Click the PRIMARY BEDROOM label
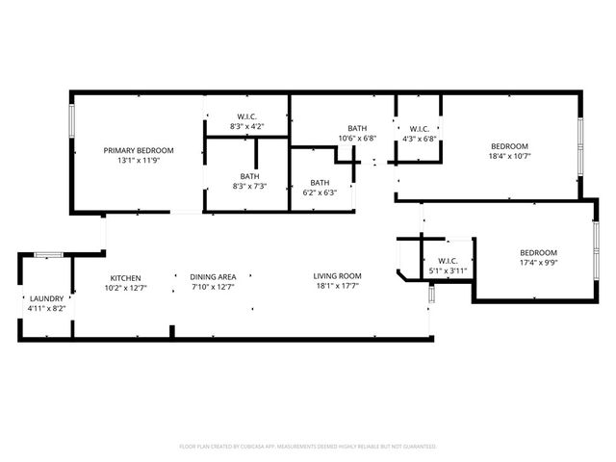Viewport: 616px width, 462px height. pos(139,150)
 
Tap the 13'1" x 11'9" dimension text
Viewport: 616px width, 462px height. pos(139,161)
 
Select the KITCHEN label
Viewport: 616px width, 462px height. pos(125,276)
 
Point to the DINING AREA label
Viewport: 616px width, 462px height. pos(213,276)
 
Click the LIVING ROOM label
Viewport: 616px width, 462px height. pos(337,276)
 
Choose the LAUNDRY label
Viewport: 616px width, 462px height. pos(46,298)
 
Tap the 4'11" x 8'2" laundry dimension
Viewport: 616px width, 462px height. pos(46,309)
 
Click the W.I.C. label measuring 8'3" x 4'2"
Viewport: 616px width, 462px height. pos(247,116)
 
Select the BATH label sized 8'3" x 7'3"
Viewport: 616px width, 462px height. pos(250,176)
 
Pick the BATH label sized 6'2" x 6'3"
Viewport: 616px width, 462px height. pos(320,182)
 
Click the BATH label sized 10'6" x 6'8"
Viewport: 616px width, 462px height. pos(357,128)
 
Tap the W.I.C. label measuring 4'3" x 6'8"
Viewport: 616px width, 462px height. pos(419,128)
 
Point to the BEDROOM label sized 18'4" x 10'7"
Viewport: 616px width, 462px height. pos(510,145)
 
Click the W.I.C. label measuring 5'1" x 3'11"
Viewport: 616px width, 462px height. pos(447,261)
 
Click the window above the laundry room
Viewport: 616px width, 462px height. pos(48,254)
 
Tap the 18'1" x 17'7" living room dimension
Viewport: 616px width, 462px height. pos(337,287)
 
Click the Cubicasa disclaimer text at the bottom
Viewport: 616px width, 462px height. pos(308,447)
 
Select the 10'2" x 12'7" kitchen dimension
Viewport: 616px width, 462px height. pos(125,287)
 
